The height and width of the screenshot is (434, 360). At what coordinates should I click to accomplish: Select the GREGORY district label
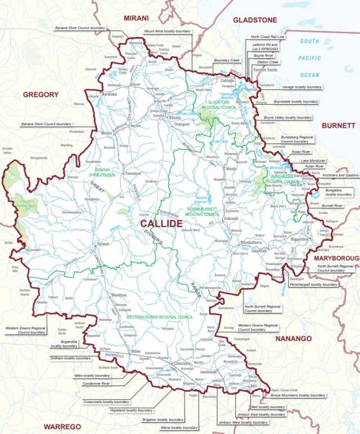[x=40, y=95]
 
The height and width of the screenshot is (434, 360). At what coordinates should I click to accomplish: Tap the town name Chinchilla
[x=182, y=364]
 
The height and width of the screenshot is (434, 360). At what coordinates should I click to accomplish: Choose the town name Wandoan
[x=119, y=295]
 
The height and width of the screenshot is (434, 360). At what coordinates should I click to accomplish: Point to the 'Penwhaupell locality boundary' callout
[x=315, y=285]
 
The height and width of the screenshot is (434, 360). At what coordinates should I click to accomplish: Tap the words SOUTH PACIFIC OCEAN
[x=309, y=58]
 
